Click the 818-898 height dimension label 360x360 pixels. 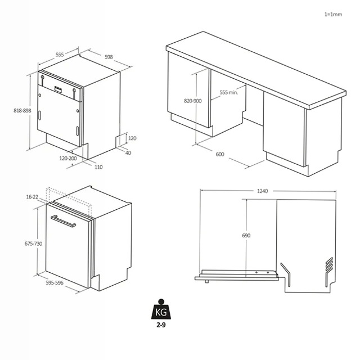click(22, 111)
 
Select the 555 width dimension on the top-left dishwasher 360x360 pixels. click(60, 55)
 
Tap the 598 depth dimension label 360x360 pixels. click(109, 57)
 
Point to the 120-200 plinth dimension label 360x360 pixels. click(68, 158)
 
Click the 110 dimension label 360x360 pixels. click(98, 167)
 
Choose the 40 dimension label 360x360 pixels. click(128, 152)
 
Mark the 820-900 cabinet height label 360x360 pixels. click(192, 101)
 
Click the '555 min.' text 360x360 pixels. click(229, 92)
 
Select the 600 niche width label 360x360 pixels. click(220, 154)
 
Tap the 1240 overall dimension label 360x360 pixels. click(262, 191)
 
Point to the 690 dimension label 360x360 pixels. click(246, 235)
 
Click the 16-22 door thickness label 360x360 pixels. click(32, 197)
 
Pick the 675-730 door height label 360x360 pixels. click(34, 244)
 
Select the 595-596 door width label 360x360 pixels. click(55, 282)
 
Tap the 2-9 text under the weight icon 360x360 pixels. click(161, 325)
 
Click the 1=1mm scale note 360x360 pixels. click(333, 15)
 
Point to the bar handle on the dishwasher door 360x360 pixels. click(63, 221)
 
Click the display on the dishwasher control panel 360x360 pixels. click(58, 89)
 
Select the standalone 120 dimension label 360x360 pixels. click(132, 138)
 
